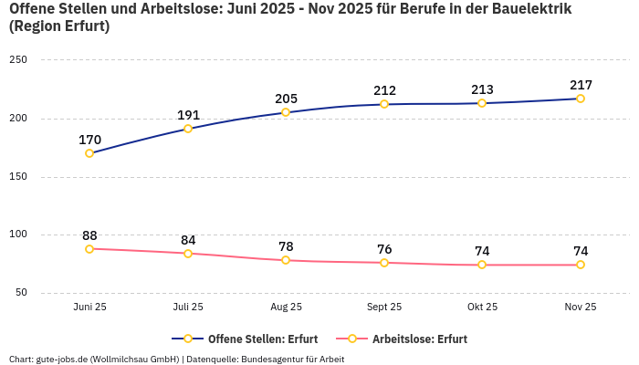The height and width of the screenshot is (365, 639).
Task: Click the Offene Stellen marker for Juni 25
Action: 89,153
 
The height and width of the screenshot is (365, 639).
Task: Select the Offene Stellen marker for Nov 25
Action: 581,99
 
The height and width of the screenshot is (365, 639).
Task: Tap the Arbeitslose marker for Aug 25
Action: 286,260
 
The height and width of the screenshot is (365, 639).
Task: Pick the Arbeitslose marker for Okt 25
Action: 482,265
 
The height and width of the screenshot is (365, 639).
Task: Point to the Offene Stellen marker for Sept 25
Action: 384,104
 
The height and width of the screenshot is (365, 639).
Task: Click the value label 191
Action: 188,115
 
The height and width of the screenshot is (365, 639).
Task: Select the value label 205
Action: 286,99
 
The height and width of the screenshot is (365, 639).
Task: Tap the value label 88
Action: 89,235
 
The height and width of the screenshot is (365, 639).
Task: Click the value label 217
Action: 581,85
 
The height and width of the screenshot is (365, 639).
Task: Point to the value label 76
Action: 384,249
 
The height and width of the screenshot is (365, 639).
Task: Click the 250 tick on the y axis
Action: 18,60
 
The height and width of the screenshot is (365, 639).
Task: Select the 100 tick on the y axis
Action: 18,235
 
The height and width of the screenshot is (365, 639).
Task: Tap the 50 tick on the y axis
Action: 21,293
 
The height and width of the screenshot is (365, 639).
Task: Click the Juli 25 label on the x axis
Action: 188,308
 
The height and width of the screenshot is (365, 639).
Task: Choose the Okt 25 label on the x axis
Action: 482,308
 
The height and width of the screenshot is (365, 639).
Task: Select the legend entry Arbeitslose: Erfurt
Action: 419,339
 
